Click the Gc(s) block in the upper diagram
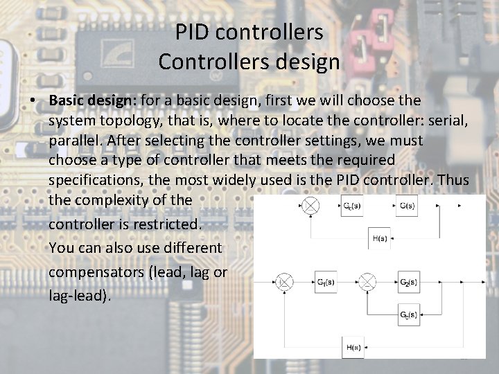tap(353, 206)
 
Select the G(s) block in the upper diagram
tap(407, 206)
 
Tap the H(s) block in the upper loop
tap(380, 238)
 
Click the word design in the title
tap(310, 62)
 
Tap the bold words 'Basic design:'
tap(93, 100)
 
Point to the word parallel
tap(76, 141)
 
